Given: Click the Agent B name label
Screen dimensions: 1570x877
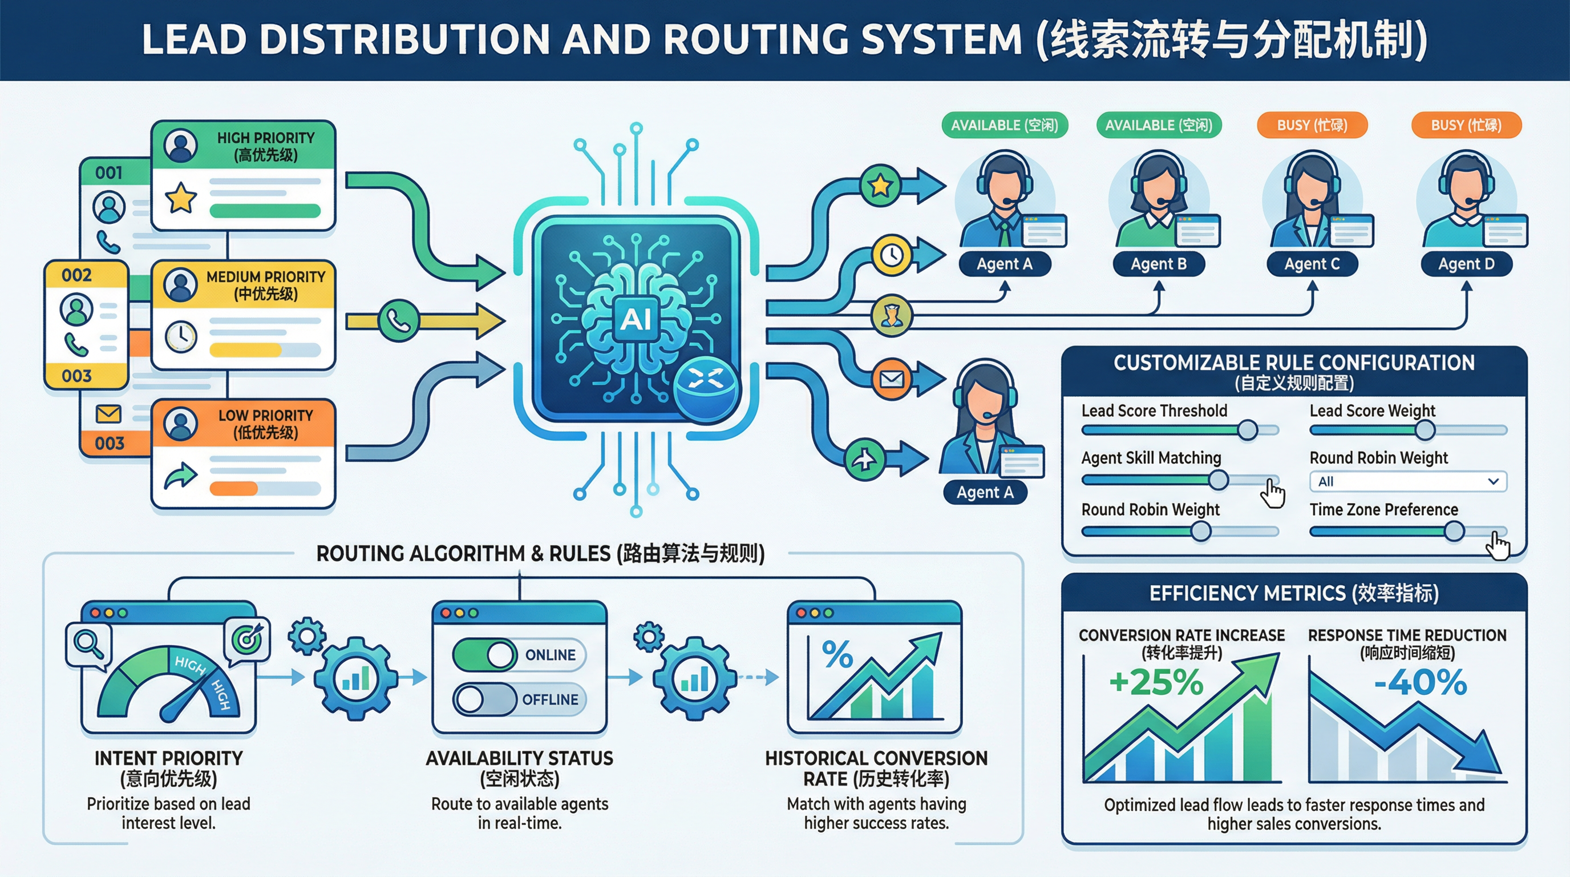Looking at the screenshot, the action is [x=1158, y=264].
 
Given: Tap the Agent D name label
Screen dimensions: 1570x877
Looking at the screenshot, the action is [x=1466, y=264].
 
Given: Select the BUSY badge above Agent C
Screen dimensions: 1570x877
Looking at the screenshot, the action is [x=1312, y=125].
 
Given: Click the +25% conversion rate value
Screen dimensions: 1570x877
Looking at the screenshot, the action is [x=1156, y=682].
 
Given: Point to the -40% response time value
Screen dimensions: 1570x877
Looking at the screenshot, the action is [x=1421, y=682].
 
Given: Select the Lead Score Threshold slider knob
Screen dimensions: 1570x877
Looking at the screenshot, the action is [x=1248, y=430].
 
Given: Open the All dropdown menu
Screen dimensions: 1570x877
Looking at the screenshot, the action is [x=1408, y=481].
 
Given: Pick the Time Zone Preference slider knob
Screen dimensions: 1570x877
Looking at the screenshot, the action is [x=1454, y=531].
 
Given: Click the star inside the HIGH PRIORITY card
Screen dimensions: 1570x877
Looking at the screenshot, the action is [x=181, y=198].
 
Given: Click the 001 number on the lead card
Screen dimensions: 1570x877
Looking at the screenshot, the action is [x=108, y=173].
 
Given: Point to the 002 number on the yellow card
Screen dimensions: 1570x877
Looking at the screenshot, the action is [x=77, y=275].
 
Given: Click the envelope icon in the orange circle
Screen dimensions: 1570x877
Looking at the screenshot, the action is [x=892, y=379].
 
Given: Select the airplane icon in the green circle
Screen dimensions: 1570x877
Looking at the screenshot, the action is [x=864, y=458].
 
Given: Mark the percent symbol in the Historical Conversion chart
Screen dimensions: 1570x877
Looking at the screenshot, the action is [x=837, y=654].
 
